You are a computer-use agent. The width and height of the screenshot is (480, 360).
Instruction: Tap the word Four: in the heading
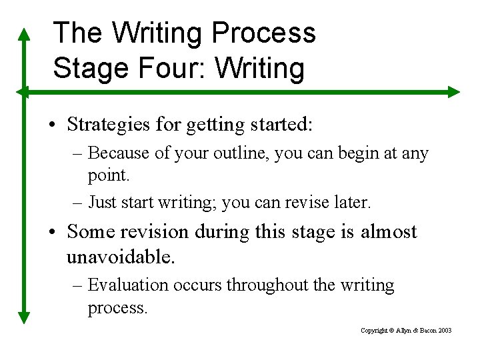(169, 69)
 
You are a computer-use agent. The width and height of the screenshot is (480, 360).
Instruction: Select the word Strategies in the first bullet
(107, 124)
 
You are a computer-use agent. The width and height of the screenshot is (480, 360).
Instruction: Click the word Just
(102, 201)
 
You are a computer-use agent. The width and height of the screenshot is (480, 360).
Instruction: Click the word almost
(389, 232)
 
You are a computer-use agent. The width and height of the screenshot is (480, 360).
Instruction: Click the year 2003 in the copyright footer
(445, 331)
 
